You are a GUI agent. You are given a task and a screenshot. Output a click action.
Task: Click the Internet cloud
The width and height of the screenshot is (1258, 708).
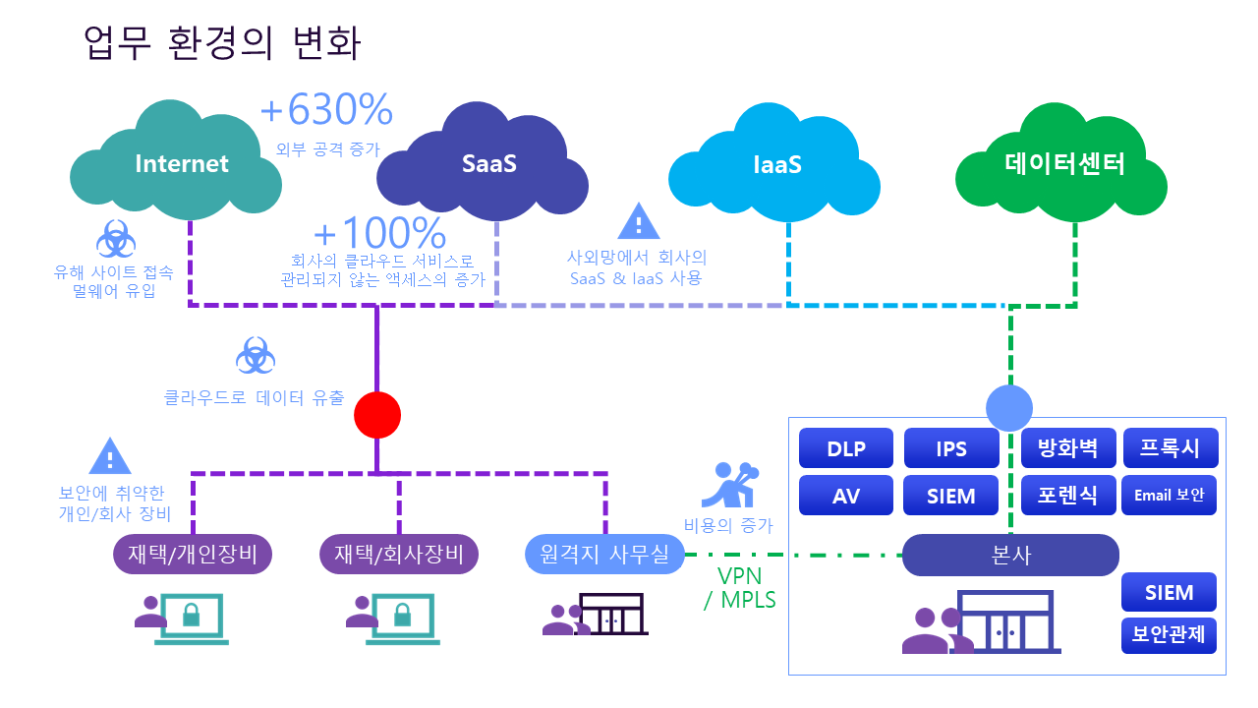coord(177,164)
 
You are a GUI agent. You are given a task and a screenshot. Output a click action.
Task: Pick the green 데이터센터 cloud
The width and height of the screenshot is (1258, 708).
coord(1064,164)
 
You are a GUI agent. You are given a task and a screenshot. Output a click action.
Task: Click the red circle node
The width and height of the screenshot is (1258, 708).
coord(377,415)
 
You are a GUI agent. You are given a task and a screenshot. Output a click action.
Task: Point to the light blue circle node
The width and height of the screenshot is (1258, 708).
coord(1009,406)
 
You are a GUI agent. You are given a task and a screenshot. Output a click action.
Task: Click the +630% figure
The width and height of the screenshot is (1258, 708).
coord(326,110)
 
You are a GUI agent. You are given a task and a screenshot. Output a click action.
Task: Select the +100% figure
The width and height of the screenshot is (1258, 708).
coord(379,234)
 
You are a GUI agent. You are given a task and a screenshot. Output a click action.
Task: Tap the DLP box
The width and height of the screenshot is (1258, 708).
coord(846,448)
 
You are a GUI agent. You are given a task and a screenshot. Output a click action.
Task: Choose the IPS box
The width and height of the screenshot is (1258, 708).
coord(951,448)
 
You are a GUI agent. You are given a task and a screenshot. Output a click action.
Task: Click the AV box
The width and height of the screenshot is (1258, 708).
coord(846,496)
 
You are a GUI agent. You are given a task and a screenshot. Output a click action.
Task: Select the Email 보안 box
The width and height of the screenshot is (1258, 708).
coord(1170,496)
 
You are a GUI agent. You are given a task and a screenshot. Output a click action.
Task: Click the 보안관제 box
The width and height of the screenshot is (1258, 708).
coord(1170,634)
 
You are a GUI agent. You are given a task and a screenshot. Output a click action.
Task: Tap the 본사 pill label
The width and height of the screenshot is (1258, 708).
coord(1010,555)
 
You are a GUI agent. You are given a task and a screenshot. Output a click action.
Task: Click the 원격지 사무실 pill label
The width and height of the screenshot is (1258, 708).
coord(604,555)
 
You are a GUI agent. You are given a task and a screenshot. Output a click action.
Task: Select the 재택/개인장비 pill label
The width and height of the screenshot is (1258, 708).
coord(193,555)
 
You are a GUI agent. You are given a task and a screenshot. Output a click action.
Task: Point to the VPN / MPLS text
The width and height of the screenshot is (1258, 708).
coord(739,587)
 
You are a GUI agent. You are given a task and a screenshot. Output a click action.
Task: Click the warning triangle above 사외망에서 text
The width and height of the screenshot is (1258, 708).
coord(638,222)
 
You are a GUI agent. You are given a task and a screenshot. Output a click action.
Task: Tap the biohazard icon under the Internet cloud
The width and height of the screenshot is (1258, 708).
coord(115,239)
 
